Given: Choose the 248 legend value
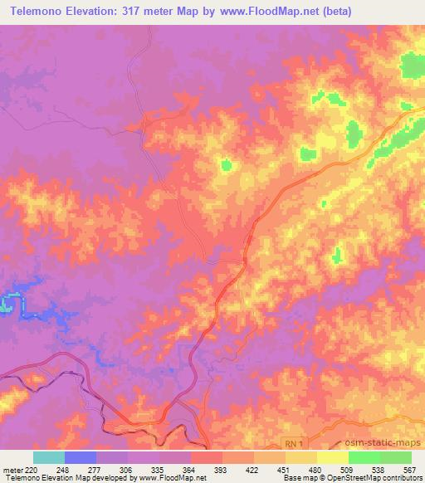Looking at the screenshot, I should (x=65, y=470).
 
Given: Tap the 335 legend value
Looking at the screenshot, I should (x=159, y=470).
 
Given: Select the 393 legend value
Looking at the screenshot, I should (x=222, y=470).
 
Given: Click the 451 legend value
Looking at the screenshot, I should (x=286, y=470).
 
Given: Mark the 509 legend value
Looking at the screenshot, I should (x=349, y=470).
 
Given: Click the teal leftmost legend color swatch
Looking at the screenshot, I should (x=49, y=457).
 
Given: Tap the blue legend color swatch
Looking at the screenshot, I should (x=81, y=457).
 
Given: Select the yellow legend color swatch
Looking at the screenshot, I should (x=333, y=457).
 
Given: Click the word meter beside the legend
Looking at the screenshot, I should (x=11, y=470).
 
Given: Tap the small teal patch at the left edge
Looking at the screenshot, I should (x=5, y=303).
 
